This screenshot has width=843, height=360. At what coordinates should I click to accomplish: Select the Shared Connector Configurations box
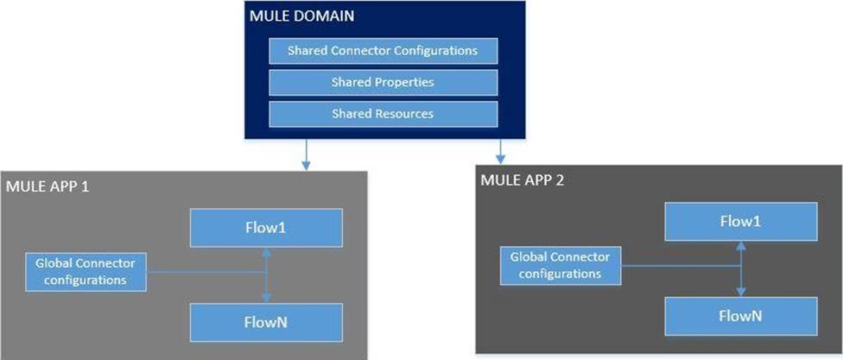point(383,51)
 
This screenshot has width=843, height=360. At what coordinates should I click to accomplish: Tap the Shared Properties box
point(383,83)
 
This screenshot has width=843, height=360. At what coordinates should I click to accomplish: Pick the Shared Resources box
point(383,114)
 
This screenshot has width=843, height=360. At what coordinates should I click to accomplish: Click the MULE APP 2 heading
point(516,181)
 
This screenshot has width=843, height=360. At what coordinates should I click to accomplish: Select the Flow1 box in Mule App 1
point(266,227)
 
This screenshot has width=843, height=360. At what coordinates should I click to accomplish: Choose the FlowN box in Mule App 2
point(739,317)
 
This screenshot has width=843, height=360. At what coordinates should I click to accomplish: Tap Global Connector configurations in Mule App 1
point(86,269)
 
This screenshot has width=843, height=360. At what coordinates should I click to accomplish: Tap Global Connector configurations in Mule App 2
point(561,265)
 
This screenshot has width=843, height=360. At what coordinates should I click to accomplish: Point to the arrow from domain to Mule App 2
point(500,151)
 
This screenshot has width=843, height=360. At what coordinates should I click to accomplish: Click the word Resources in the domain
point(404,114)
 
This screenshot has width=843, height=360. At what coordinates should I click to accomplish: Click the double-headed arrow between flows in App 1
point(267,275)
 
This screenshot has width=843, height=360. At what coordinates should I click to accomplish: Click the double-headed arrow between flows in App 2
point(740,268)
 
